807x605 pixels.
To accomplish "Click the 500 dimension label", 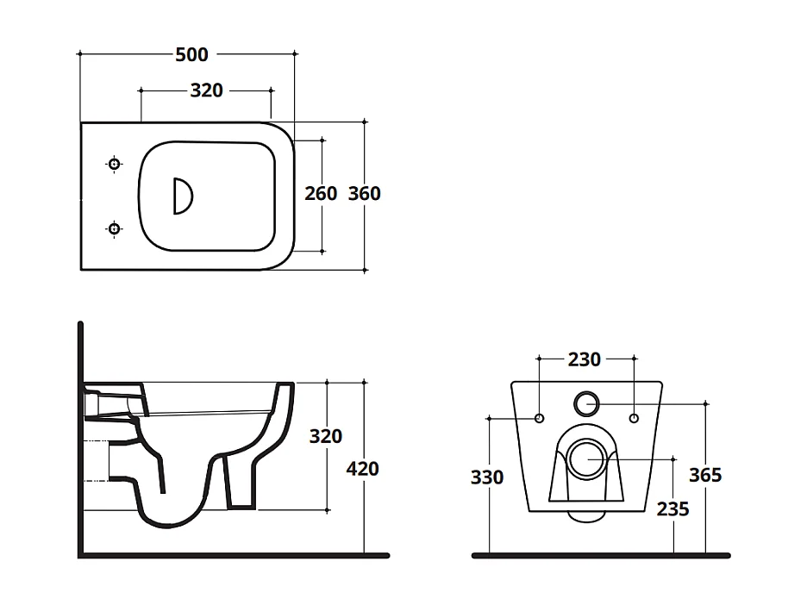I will [191, 54].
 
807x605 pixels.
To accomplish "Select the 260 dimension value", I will [321, 194].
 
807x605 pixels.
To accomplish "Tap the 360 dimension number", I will [364, 194].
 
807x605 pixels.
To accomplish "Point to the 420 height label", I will [362, 469].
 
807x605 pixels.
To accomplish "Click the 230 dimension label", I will [585, 359].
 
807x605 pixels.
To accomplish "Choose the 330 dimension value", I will [487, 476].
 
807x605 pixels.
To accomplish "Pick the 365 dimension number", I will [705, 475].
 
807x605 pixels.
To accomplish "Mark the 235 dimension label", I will [672, 509].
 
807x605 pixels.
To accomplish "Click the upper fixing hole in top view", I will [114, 164].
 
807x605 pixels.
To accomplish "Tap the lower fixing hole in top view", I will [114, 228].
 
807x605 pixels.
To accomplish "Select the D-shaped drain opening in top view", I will [182, 196].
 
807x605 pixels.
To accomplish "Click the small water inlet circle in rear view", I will [585, 402].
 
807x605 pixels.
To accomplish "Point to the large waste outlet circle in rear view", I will [585, 457].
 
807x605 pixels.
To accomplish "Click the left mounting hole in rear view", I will [539, 419].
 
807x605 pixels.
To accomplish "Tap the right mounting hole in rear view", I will [634, 419].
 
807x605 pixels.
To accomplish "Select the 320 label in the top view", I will [205, 90].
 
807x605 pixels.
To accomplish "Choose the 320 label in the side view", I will [326, 436].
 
